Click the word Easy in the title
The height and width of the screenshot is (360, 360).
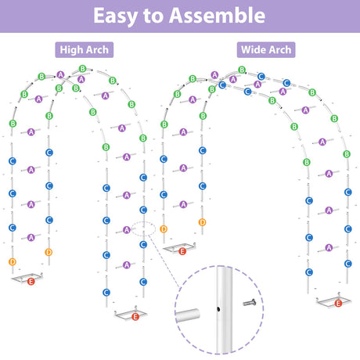(116, 16)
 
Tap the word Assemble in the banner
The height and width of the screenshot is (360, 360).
(217, 16)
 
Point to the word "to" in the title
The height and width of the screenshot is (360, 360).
(153, 16)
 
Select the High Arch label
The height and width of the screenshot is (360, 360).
(85, 50)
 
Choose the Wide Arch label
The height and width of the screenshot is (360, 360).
(266, 50)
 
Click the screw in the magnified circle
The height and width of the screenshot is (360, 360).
(250, 303)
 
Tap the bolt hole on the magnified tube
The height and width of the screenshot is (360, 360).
(218, 309)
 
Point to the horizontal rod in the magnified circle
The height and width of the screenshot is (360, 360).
(188, 315)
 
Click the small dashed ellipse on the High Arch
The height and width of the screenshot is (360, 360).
(143, 229)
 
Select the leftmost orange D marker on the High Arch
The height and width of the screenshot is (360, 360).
(13, 261)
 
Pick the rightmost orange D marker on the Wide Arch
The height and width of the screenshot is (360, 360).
(202, 222)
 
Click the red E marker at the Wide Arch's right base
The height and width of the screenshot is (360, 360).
(338, 304)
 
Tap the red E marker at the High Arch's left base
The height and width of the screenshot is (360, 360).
(31, 282)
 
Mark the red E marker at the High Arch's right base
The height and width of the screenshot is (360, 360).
(135, 317)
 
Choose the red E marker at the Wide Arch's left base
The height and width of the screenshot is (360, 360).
(182, 251)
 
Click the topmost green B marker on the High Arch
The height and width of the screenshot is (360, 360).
(83, 69)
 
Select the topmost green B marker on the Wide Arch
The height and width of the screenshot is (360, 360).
(242, 70)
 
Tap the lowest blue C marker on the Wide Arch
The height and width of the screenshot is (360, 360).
(309, 272)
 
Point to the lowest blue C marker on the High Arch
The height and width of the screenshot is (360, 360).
(106, 293)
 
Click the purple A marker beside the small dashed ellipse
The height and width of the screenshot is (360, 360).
(127, 230)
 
